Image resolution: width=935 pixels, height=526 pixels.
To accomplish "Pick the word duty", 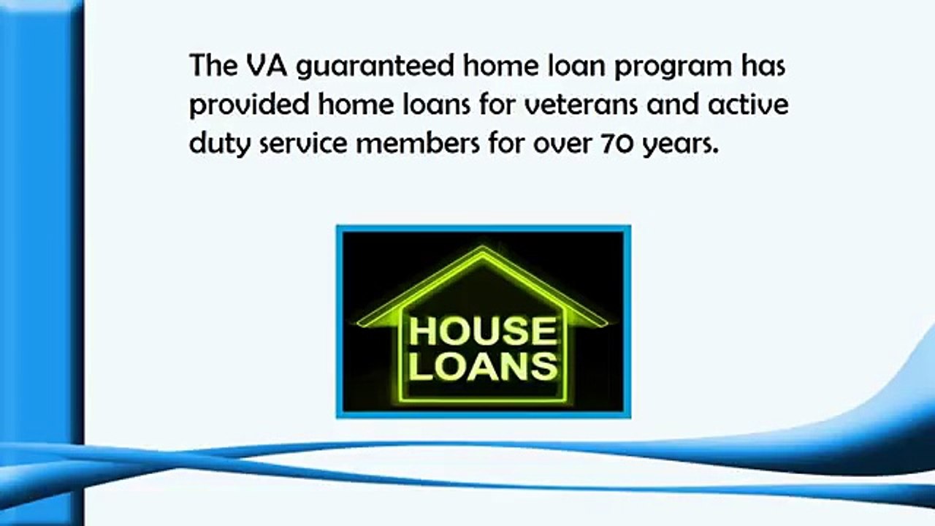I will [x=215, y=144].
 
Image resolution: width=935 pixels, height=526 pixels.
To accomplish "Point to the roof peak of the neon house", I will [x=482, y=251].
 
